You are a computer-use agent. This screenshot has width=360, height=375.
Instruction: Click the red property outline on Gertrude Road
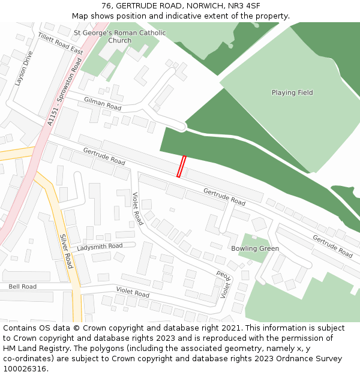pos(181,166)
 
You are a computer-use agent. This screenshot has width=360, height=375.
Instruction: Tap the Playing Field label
pos(292,93)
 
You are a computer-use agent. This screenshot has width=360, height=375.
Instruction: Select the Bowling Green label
pos(255,248)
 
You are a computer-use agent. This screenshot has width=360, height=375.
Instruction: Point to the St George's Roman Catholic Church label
pos(119,37)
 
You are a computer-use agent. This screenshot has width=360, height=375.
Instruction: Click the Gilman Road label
pos(103,104)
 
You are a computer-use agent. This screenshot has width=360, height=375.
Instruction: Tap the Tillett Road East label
pos(60,44)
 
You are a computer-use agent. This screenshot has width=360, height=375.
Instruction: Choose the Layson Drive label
pos(24,68)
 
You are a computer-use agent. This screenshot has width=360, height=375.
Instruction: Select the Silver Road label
pos(65,251)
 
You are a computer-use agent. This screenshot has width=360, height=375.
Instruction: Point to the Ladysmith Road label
pos(100,247)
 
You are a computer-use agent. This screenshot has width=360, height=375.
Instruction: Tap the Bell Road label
pos(22,287)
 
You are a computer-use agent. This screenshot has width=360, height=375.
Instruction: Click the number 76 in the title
pos(107,6)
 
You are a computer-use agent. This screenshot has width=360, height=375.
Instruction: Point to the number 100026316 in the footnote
pos(25,369)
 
